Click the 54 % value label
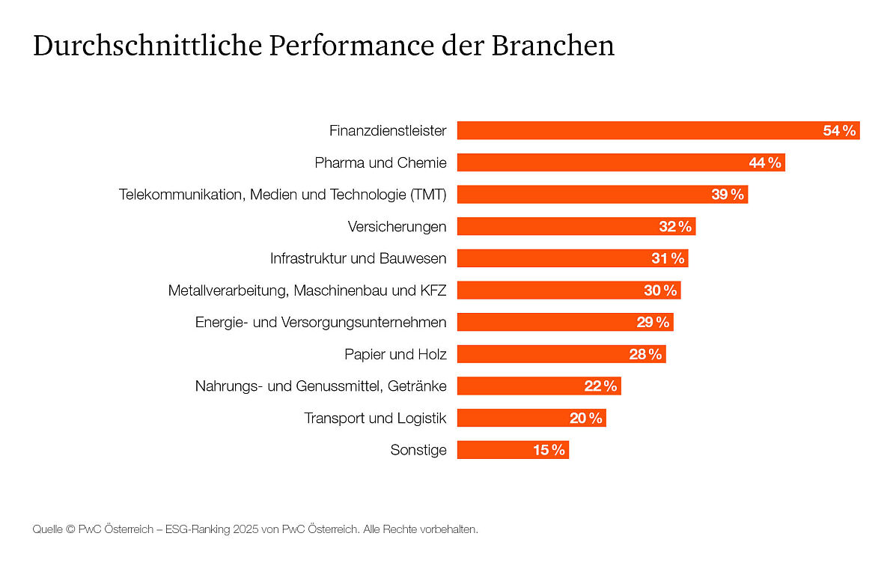point(839,131)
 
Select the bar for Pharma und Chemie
point(599,162)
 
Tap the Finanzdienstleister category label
point(388,131)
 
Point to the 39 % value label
point(728,195)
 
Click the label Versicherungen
point(397,226)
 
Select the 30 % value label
point(660,290)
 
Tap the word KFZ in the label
point(432,290)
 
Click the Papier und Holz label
point(395,354)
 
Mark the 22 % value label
point(600,386)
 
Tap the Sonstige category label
point(418,450)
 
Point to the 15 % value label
point(549,450)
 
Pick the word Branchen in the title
point(552,46)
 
